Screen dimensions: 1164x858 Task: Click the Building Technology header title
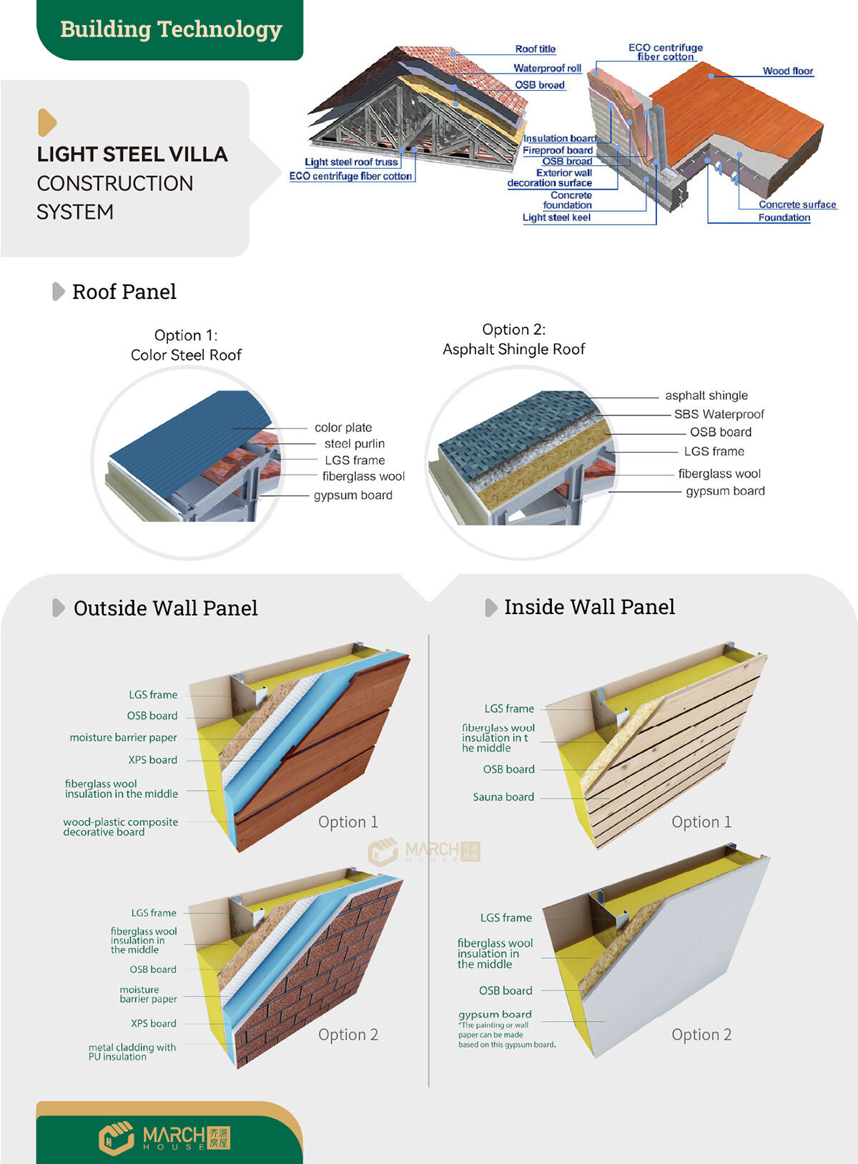pyautogui.click(x=171, y=29)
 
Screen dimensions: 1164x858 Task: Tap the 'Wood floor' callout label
pyautogui.click(x=787, y=71)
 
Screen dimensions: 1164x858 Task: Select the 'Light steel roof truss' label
pyautogui.click(x=351, y=162)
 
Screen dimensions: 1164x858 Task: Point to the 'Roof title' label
pyautogui.click(x=535, y=49)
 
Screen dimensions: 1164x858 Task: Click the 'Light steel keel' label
pyautogui.click(x=556, y=217)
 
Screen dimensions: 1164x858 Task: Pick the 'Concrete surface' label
pyautogui.click(x=797, y=204)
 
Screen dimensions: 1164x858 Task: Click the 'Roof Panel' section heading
pyautogui.click(x=124, y=292)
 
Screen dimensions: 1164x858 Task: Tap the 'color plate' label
pyautogui.click(x=343, y=428)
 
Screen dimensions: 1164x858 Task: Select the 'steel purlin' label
pyautogui.click(x=354, y=444)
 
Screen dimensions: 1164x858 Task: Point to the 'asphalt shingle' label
pyautogui.click(x=706, y=395)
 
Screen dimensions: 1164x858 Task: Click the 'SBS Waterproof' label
pyautogui.click(x=719, y=414)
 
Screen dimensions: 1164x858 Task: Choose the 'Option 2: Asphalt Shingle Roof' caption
pyautogui.click(x=513, y=339)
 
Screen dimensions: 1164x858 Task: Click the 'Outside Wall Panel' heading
pyautogui.click(x=165, y=608)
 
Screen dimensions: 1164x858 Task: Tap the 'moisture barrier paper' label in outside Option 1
pyautogui.click(x=123, y=737)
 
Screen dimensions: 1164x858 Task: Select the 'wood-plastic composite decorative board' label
pyautogui.click(x=120, y=827)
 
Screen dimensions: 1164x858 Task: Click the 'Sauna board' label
pyautogui.click(x=503, y=796)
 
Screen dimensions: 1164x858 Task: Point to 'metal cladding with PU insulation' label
pyautogui.click(x=132, y=1052)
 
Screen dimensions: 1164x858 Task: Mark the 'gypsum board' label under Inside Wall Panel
pyautogui.click(x=495, y=1014)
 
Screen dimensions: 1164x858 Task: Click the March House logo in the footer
pyautogui.click(x=164, y=1137)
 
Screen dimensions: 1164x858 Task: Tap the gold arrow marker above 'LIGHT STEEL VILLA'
pyautogui.click(x=46, y=122)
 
